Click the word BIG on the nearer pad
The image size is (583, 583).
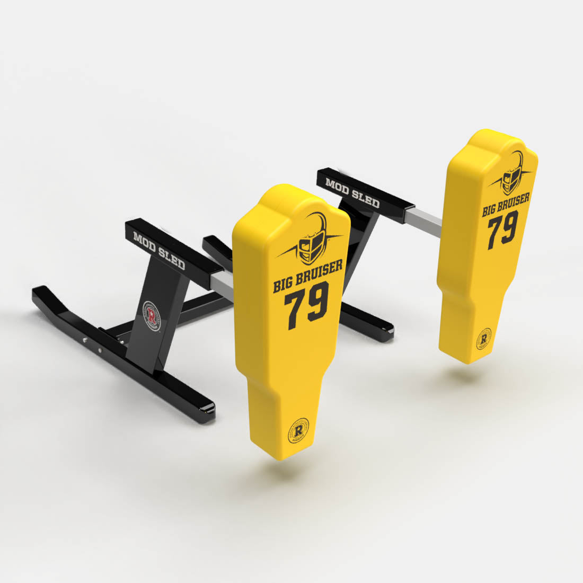[285, 285]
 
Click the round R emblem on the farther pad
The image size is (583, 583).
[483, 338]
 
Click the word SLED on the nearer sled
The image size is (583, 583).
[172, 258]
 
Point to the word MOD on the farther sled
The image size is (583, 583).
[337, 186]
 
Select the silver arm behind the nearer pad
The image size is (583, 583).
[223, 282]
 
